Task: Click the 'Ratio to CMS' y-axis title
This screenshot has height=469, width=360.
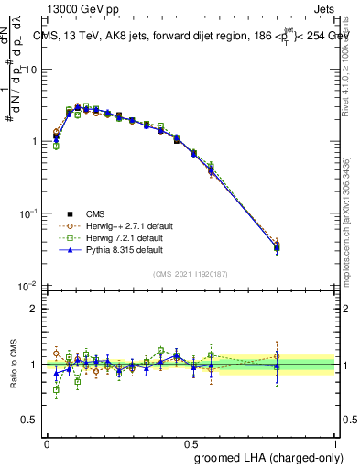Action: (13, 365)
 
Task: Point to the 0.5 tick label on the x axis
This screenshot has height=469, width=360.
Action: (191, 443)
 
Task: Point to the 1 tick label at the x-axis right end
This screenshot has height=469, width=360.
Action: (334, 443)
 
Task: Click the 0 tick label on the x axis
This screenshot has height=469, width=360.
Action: (47, 443)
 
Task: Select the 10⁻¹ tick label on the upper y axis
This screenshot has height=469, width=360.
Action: (29, 213)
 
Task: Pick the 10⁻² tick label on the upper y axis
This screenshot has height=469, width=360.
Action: (29, 284)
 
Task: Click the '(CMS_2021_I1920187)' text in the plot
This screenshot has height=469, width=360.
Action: (191, 273)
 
